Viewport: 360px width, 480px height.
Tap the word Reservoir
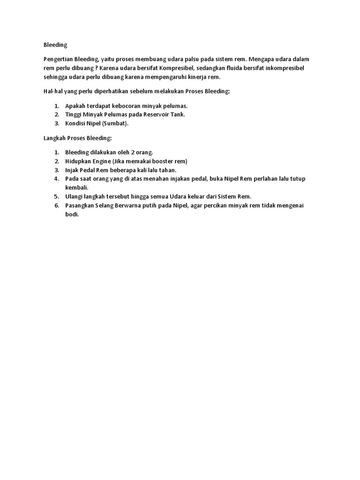click(153, 114)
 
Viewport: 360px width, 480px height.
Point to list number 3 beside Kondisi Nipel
click(56, 123)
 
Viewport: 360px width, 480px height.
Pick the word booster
click(158, 161)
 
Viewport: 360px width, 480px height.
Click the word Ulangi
click(75, 196)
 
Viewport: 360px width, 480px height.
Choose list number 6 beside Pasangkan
click(56, 205)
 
